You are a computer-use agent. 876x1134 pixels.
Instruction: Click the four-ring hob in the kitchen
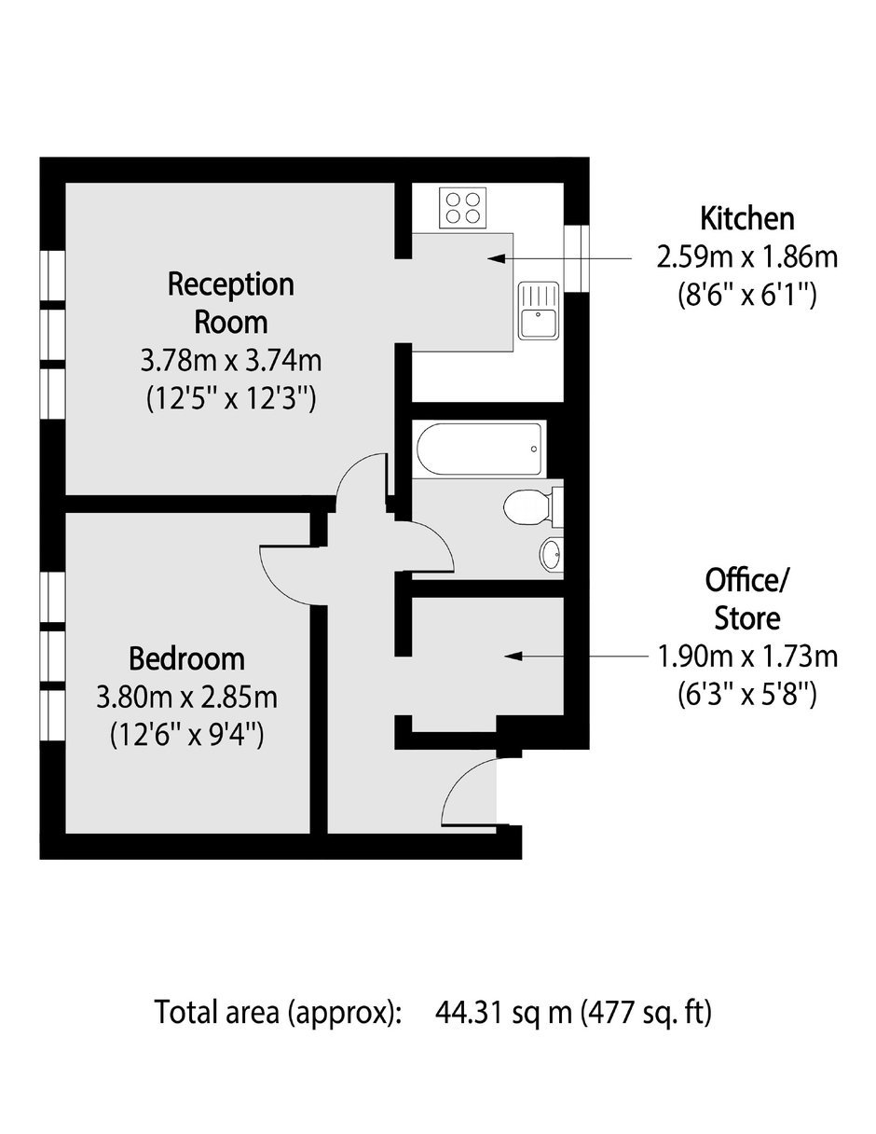(463, 208)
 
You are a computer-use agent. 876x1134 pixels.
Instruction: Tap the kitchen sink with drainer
(538, 310)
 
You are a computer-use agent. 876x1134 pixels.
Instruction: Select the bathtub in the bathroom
(479, 449)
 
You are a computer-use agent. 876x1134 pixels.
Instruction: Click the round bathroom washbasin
(551, 553)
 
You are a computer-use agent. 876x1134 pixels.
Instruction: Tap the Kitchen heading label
(746, 218)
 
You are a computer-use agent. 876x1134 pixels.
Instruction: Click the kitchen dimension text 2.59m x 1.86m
(746, 257)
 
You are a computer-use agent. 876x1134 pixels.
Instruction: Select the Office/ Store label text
(746, 599)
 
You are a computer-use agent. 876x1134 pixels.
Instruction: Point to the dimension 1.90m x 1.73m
(746, 657)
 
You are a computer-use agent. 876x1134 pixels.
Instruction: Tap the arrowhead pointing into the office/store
(513, 657)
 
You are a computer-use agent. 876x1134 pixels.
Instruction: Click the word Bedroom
(186, 658)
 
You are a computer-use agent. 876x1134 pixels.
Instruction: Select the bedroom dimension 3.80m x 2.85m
(186, 698)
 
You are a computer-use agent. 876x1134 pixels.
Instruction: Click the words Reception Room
(231, 303)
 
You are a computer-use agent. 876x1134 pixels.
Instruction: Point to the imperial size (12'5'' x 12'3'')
(231, 400)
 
